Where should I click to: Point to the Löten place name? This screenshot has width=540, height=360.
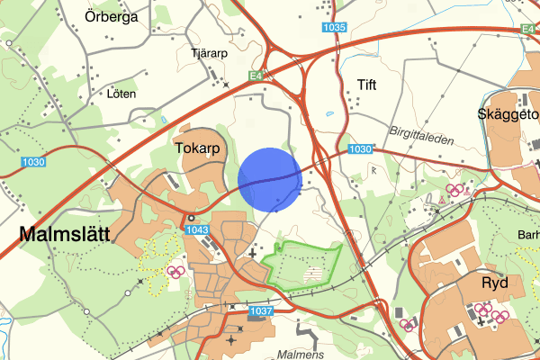[x=121, y=94]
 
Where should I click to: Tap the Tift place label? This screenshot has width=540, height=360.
[x=366, y=85]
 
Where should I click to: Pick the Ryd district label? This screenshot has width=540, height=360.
[x=494, y=283]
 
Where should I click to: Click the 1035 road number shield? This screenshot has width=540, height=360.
[x=333, y=28]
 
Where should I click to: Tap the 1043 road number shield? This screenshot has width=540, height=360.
[x=198, y=230]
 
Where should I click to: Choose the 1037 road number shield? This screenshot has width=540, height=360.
[x=260, y=310]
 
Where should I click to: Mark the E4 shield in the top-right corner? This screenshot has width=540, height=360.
[x=529, y=30]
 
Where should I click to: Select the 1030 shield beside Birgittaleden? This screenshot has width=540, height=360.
[x=360, y=148]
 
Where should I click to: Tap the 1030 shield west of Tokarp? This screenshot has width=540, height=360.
[x=33, y=161]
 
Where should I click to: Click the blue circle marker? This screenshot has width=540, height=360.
[x=270, y=179]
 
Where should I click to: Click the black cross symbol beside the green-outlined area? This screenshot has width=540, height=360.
[x=252, y=255]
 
